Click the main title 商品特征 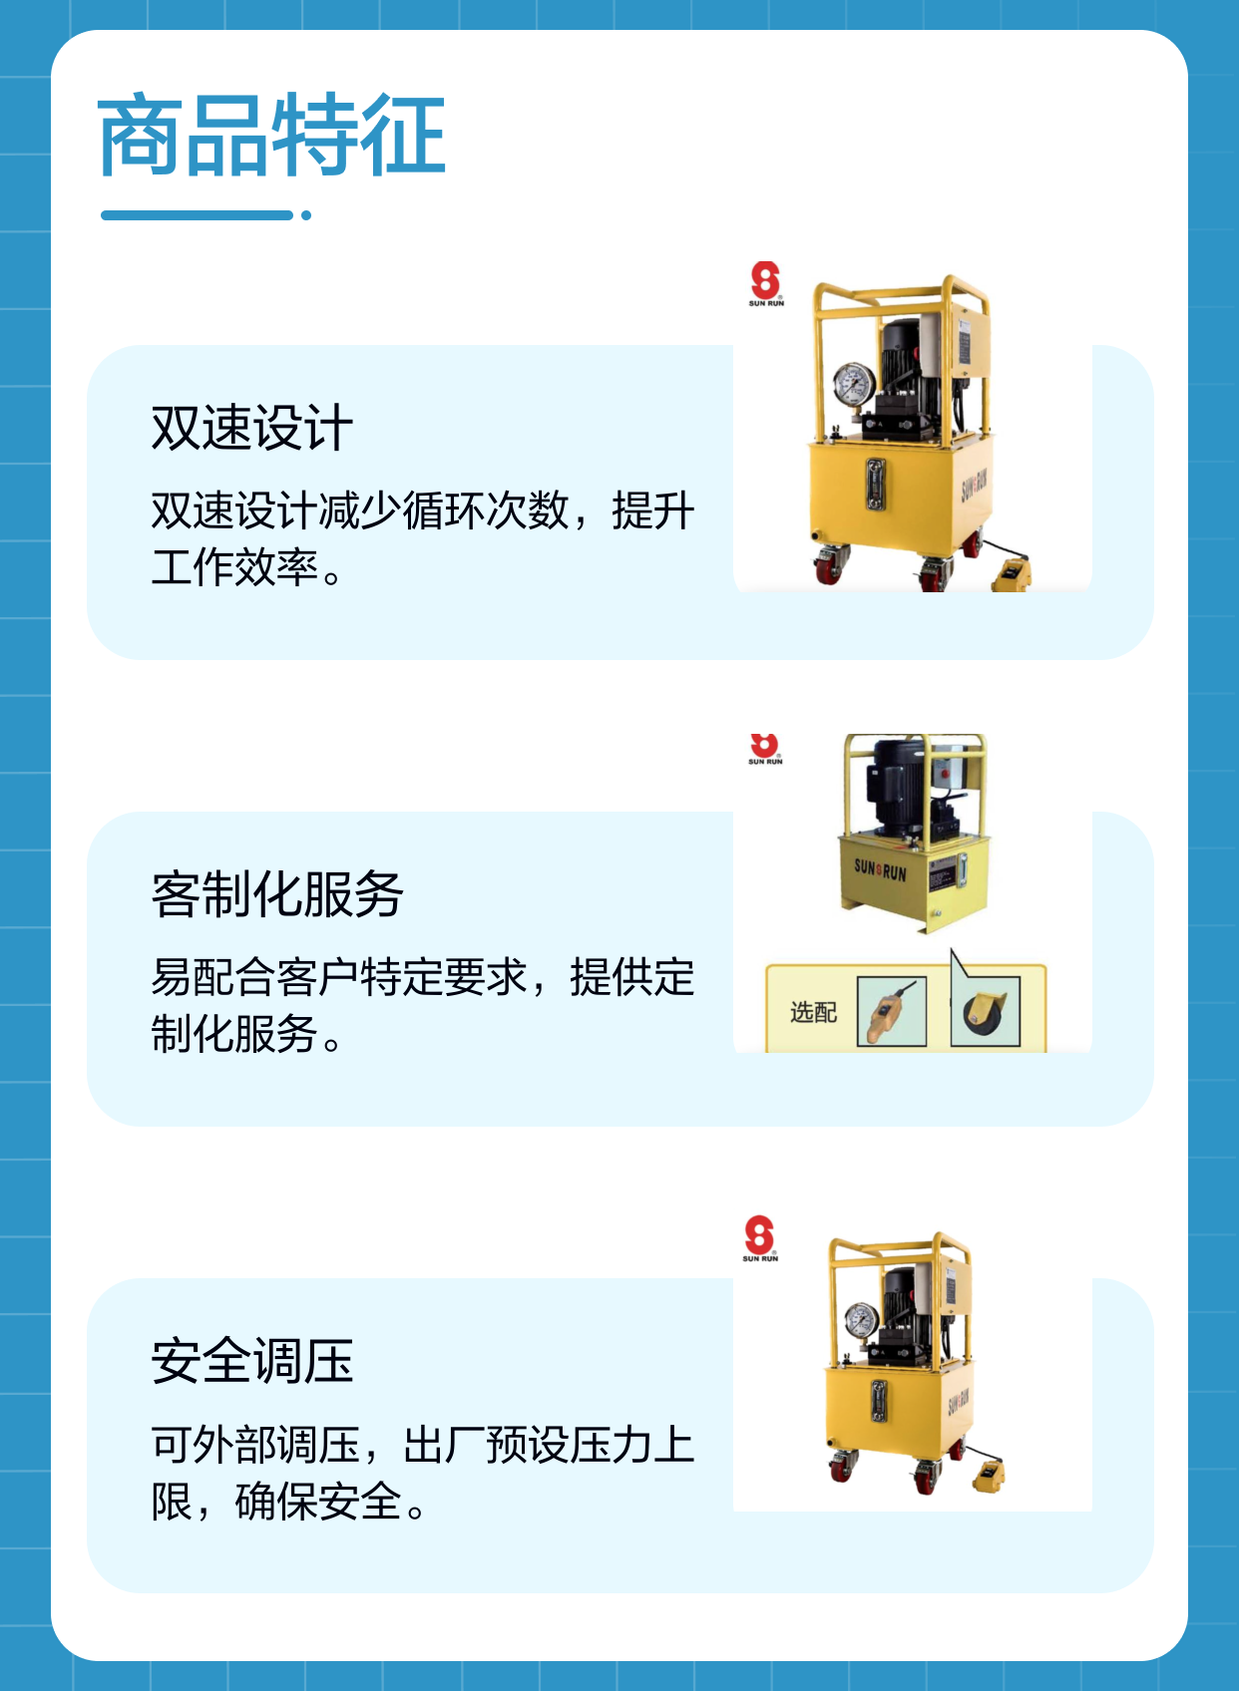(271, 136)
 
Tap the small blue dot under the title (306, 215)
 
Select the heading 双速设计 (252, 428)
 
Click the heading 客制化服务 (277, 893)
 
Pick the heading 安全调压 (252, 1361)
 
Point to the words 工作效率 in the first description (235, 567)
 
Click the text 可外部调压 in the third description (255, 1445)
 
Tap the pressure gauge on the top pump (854, 384)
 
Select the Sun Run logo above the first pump (766, 284)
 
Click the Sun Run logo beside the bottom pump (760, 1238)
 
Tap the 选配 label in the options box (814, 1012)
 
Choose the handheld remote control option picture (892, 1012)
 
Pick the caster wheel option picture (986, 1012)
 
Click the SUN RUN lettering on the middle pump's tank (880, 869)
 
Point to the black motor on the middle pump (896, 785)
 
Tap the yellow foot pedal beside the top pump (1011, 574)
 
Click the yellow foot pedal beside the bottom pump (989, 1475)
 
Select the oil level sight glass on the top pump (876, 484)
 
